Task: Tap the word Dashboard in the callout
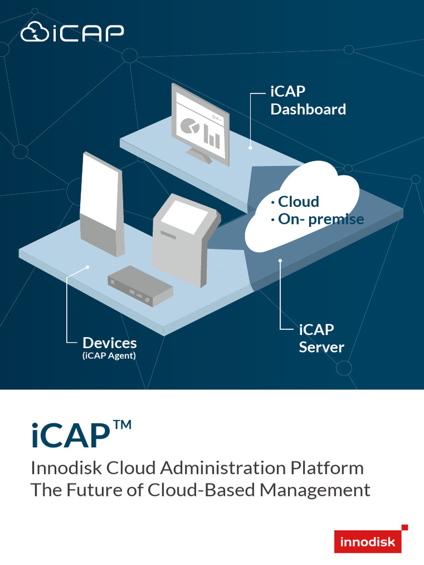click(x=308, y=109)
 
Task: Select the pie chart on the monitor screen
click(x=190, y=127)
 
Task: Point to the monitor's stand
click(x=200, y=155)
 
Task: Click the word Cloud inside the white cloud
click(x=298, y=201)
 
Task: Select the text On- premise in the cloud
click(x=320, y=219)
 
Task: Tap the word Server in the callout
click(x=321, y=348)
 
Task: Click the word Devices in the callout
click(x=109, y=343)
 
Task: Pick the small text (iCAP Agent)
click(x=109, y=356)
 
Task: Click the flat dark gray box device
click(x=140, y=286)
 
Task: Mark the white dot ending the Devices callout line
click(x=87, y=267)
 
